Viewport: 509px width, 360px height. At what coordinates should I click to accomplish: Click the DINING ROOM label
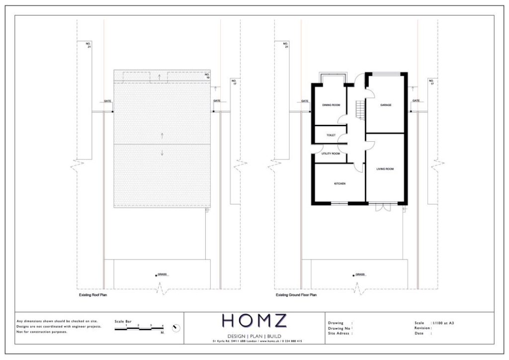click(x=331, y=105)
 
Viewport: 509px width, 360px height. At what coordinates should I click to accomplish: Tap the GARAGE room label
click(x=386, y=105)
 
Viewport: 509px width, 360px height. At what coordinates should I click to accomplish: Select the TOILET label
click(x=331, y=135)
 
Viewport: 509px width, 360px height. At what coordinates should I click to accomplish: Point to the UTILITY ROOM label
click(x=331, y=154)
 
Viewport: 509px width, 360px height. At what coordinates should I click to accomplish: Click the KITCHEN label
click(x=340, y=184)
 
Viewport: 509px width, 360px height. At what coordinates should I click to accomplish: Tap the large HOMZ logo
click(x=254, y=321)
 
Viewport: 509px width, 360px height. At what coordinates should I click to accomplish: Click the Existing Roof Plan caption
click(x=93, y=295)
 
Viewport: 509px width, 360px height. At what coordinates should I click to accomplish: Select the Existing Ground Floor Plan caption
click(x=296, y=295)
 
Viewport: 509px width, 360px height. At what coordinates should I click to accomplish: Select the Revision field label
click(x=424, y=328)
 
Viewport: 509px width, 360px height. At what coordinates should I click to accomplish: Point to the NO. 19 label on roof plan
click(x=207, y=77)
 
